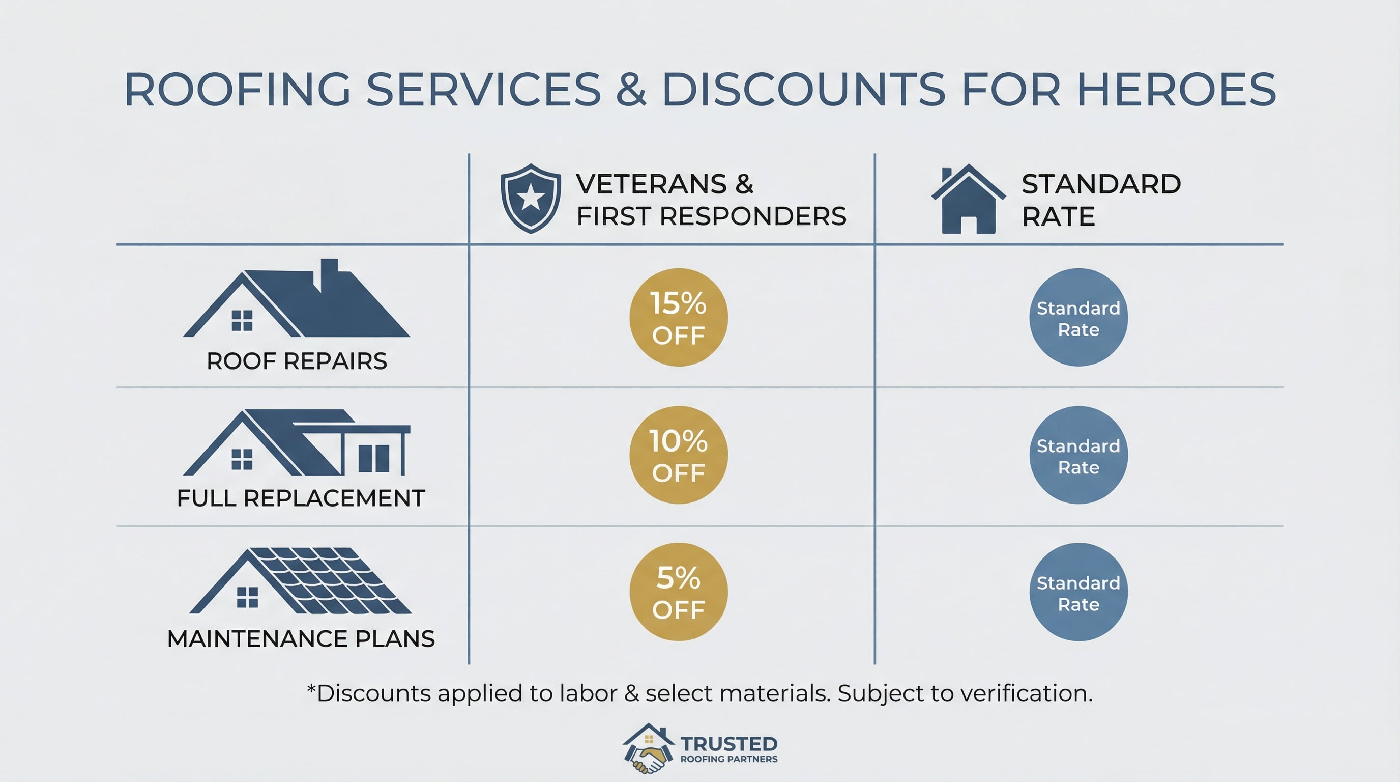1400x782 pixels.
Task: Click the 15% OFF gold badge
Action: [x=678, y=317]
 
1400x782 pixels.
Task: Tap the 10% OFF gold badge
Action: [x=678, y=455]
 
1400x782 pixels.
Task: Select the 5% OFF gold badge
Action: [x=678, y=592]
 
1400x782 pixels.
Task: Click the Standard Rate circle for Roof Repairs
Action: [x=1078, y=317]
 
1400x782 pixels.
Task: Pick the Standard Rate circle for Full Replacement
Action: [x=1078, y=455]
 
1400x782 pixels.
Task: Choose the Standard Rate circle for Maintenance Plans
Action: [x=1078, y=592]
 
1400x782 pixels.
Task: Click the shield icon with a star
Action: [x=531, y=199]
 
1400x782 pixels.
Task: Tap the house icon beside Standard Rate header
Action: [x=969, y=200]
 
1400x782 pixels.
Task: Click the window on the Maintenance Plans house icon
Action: [x=247, y=597]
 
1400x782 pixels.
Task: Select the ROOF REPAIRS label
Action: [x=297, y=361]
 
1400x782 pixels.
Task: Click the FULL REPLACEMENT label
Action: [x=301, y=498]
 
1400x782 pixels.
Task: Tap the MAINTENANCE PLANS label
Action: [x=301, y=638]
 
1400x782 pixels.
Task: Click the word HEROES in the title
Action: [x=1176, y=90]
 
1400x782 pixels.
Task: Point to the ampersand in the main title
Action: [x=631, y=90]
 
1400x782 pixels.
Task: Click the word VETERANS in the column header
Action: [x=652, y=184]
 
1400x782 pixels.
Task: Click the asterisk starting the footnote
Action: [x=311, y=690]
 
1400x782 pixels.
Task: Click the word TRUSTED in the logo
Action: [x=728, y=743]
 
